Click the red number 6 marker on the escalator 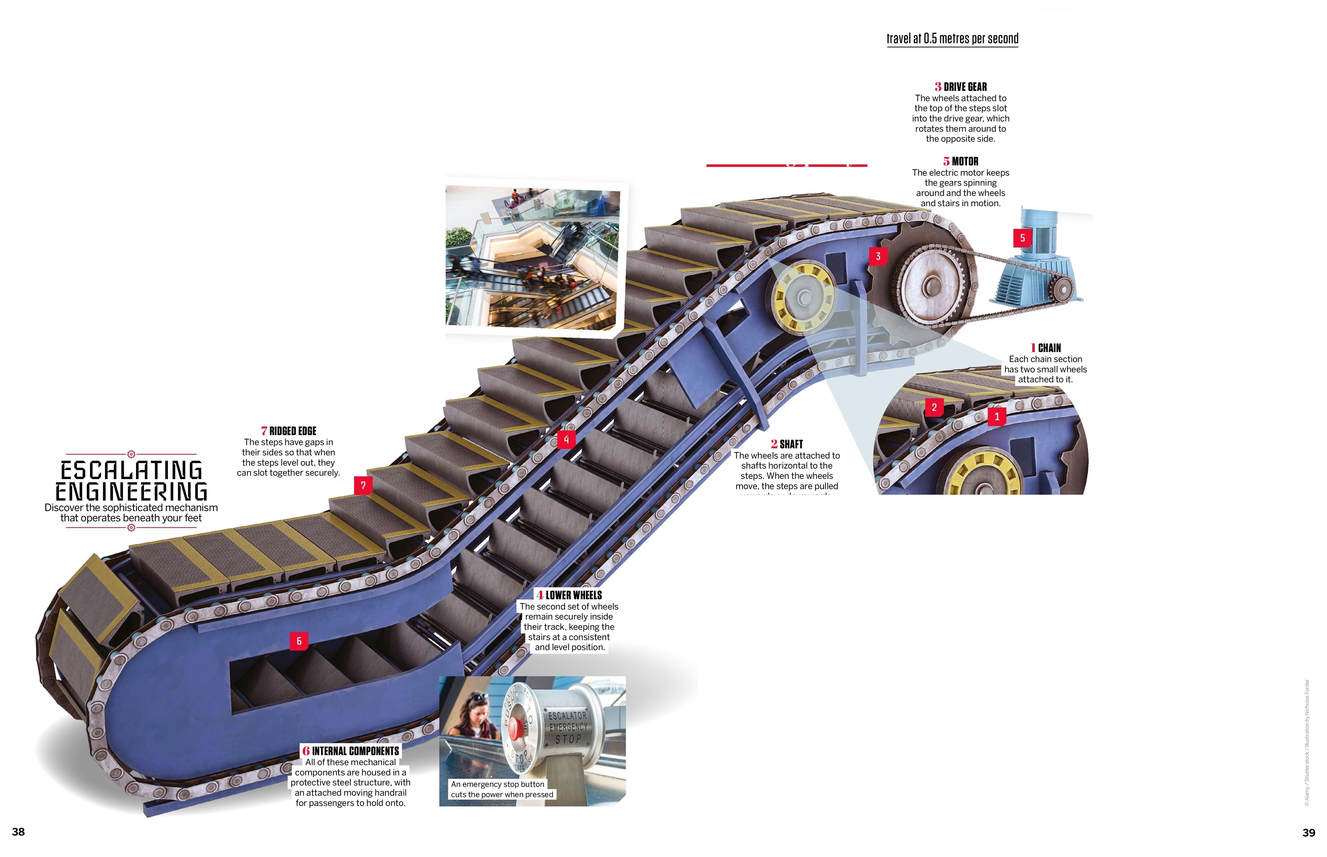[x=299, y=641]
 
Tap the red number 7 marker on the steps [x=363, y=485]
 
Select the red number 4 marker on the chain [x=566, y=440]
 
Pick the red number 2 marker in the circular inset [x=934, y=407]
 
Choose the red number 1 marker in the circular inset [x=997, y=416]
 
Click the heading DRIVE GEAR [x=965, y=87]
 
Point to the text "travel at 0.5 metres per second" [x=952, y=38]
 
